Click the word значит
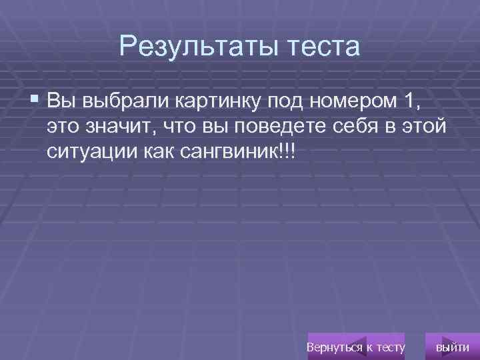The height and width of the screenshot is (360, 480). pos(124,127)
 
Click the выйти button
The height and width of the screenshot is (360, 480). pos(451,347)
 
